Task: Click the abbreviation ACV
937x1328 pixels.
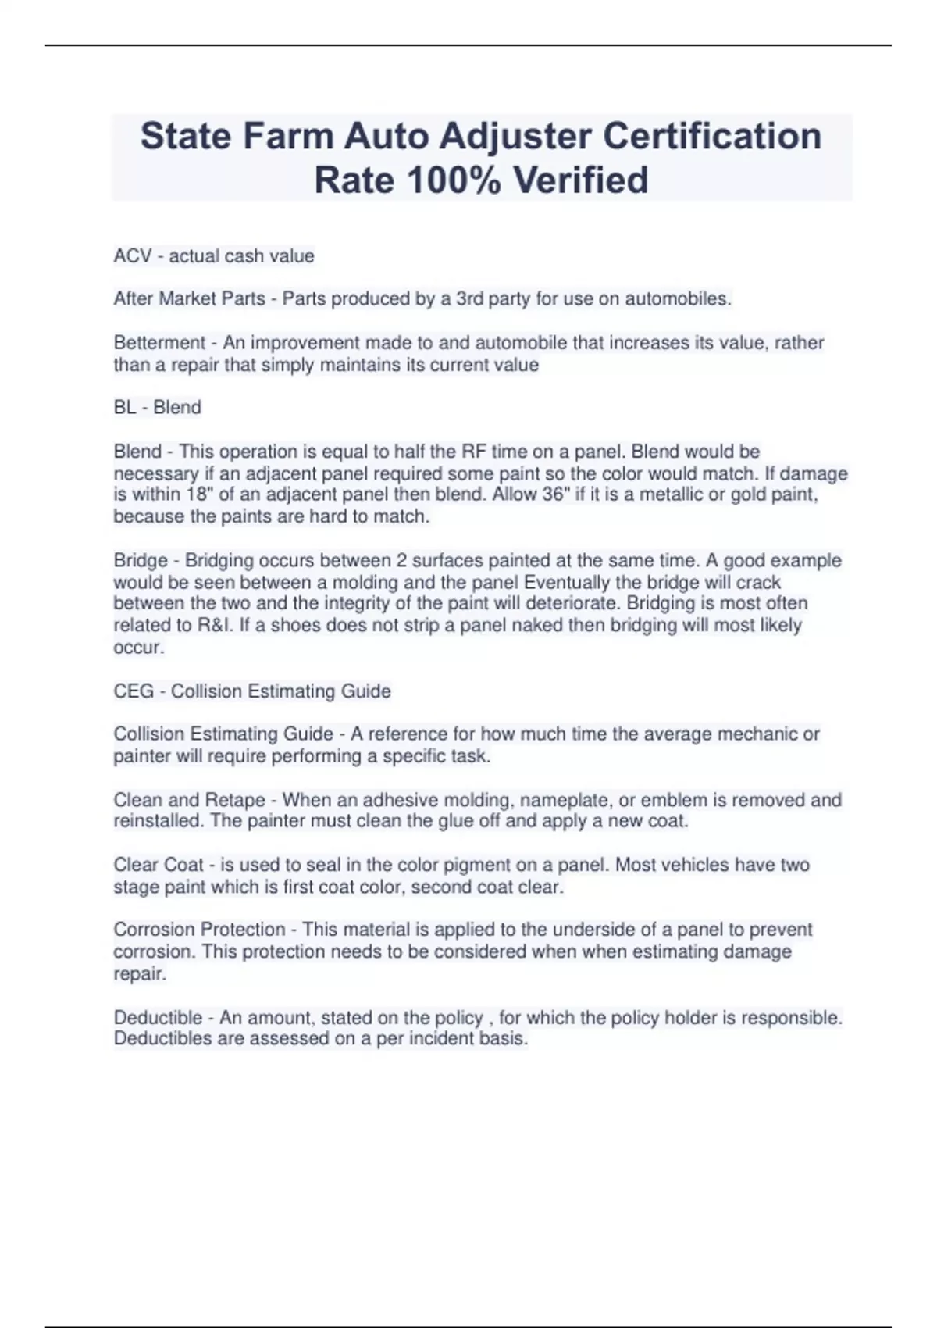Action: coord(132,256)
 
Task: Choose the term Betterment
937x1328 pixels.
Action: coord(159,343)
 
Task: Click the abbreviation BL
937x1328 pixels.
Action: coord(124,408)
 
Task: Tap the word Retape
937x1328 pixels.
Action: coord(234,801)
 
